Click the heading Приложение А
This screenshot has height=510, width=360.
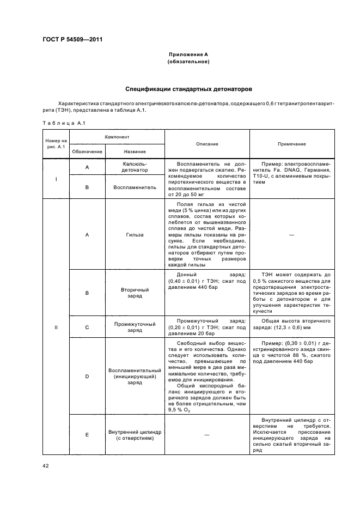188,55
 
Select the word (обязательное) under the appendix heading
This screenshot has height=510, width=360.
188,63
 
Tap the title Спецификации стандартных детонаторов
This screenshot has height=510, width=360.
188,88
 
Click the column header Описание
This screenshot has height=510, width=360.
207,144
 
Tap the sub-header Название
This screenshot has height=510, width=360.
135,151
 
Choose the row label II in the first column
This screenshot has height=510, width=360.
56,327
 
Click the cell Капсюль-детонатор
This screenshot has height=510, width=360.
135,167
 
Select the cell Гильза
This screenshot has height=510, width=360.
135,234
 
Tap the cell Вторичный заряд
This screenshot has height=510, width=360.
135,293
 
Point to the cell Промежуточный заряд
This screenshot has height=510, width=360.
135,327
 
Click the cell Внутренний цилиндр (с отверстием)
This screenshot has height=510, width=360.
135,434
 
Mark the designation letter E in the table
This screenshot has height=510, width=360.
87,434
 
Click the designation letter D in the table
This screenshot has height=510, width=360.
87,376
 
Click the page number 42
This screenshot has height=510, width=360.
46,464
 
